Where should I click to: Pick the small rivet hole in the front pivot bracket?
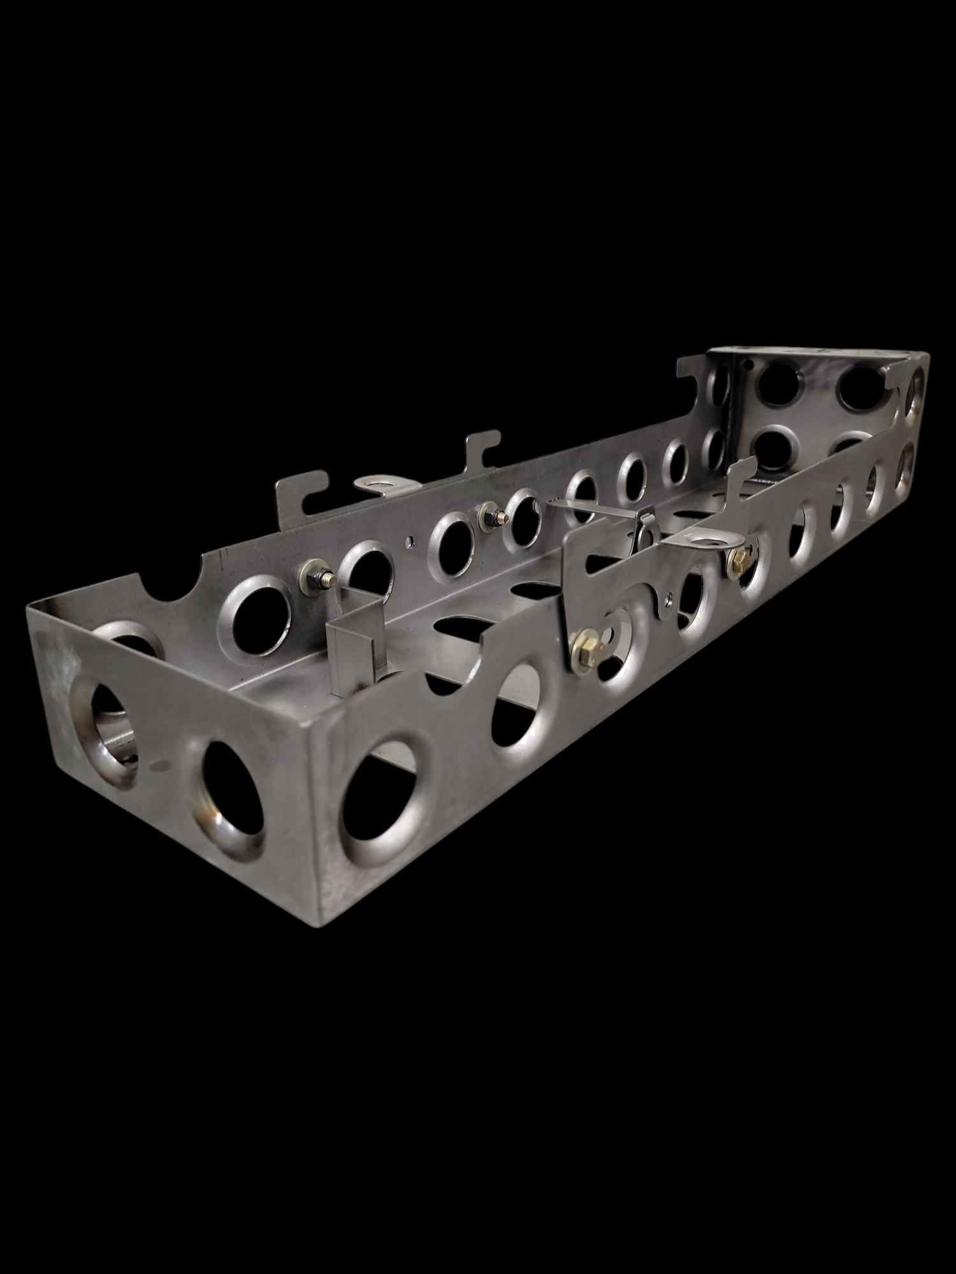[x=667, y=598]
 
